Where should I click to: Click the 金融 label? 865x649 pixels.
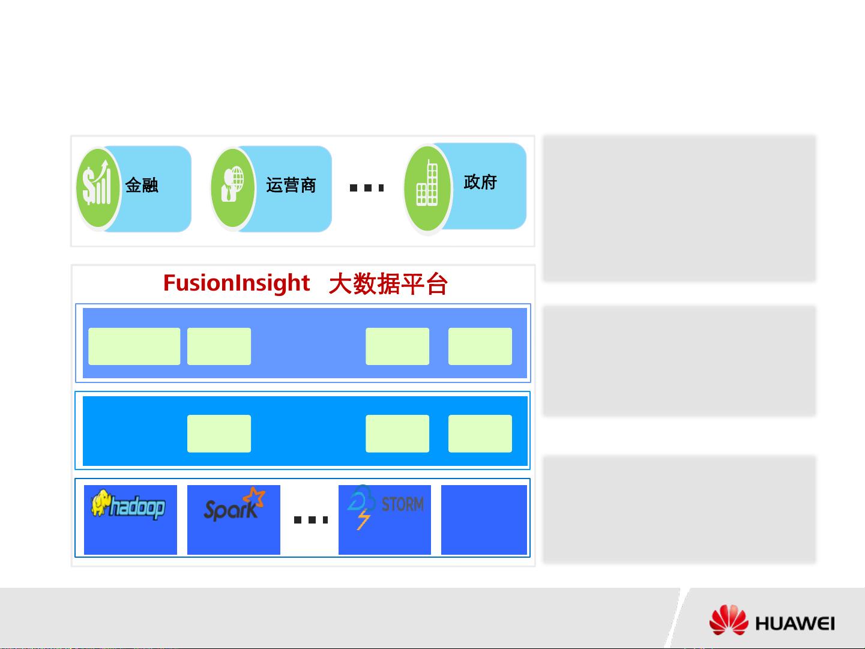142,185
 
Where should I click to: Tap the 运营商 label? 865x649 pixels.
291,185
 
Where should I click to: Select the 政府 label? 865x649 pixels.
480,182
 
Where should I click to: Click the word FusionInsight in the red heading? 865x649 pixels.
237,283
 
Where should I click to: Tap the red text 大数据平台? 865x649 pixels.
388,284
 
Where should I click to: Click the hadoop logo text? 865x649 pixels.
137,507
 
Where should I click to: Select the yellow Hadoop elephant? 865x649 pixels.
100,503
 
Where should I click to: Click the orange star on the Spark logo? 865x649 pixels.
254,497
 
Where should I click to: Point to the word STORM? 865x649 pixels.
403,504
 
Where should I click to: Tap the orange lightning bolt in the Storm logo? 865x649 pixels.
364,519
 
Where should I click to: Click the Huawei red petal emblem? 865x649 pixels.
729,620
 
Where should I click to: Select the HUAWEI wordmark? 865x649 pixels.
795,624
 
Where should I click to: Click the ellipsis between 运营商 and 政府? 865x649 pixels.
367,188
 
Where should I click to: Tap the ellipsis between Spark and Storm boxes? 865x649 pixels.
311,520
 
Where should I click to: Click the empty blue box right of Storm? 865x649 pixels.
484,520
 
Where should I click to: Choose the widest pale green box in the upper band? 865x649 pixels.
134,346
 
